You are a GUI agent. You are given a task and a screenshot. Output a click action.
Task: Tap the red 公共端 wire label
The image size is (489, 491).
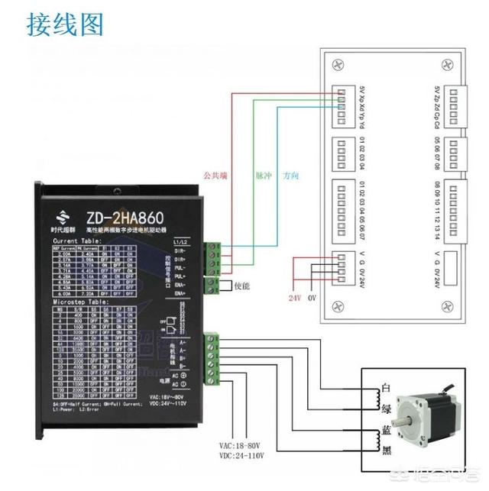coord(215,175)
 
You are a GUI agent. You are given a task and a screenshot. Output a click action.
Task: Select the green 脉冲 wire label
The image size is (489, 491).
coord(264,175)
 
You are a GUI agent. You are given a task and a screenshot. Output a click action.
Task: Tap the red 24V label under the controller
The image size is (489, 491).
coord(294,297)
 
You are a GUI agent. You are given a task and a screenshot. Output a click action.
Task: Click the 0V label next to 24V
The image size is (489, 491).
coord(312,297)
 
